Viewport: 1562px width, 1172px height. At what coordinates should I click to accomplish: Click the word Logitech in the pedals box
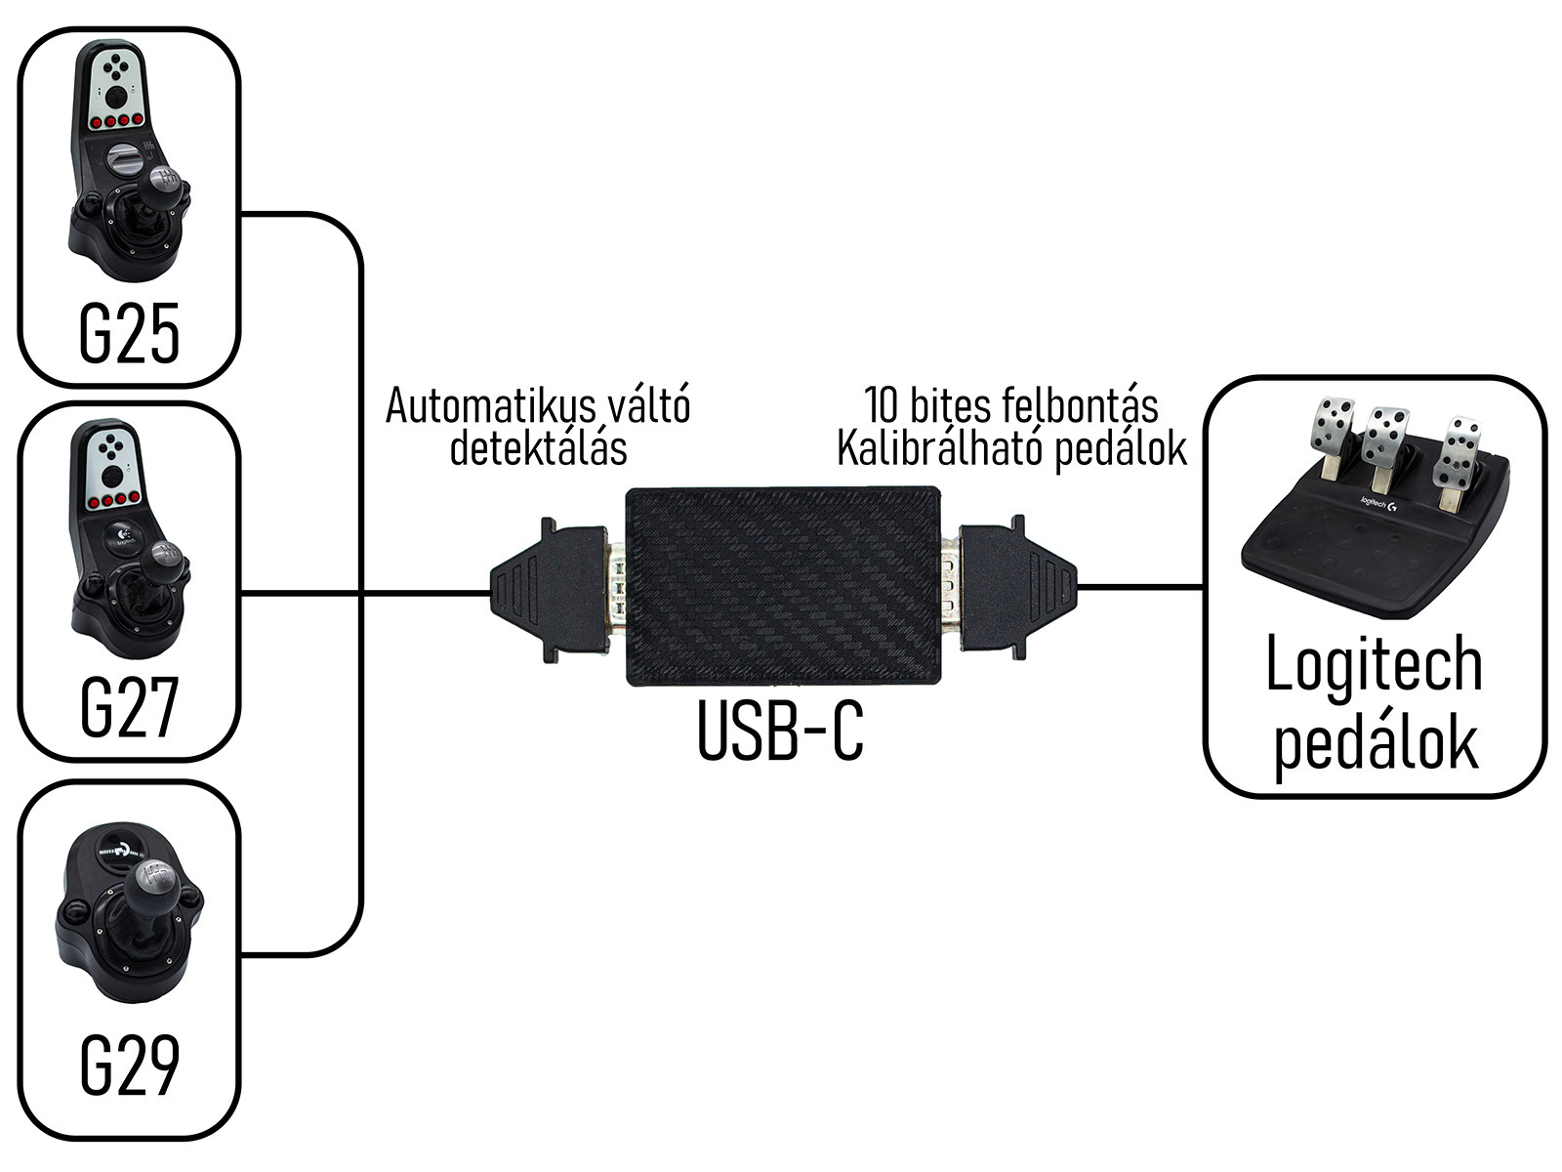pos(1374,666)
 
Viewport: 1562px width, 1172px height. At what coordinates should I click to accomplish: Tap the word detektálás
pos(537,448)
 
